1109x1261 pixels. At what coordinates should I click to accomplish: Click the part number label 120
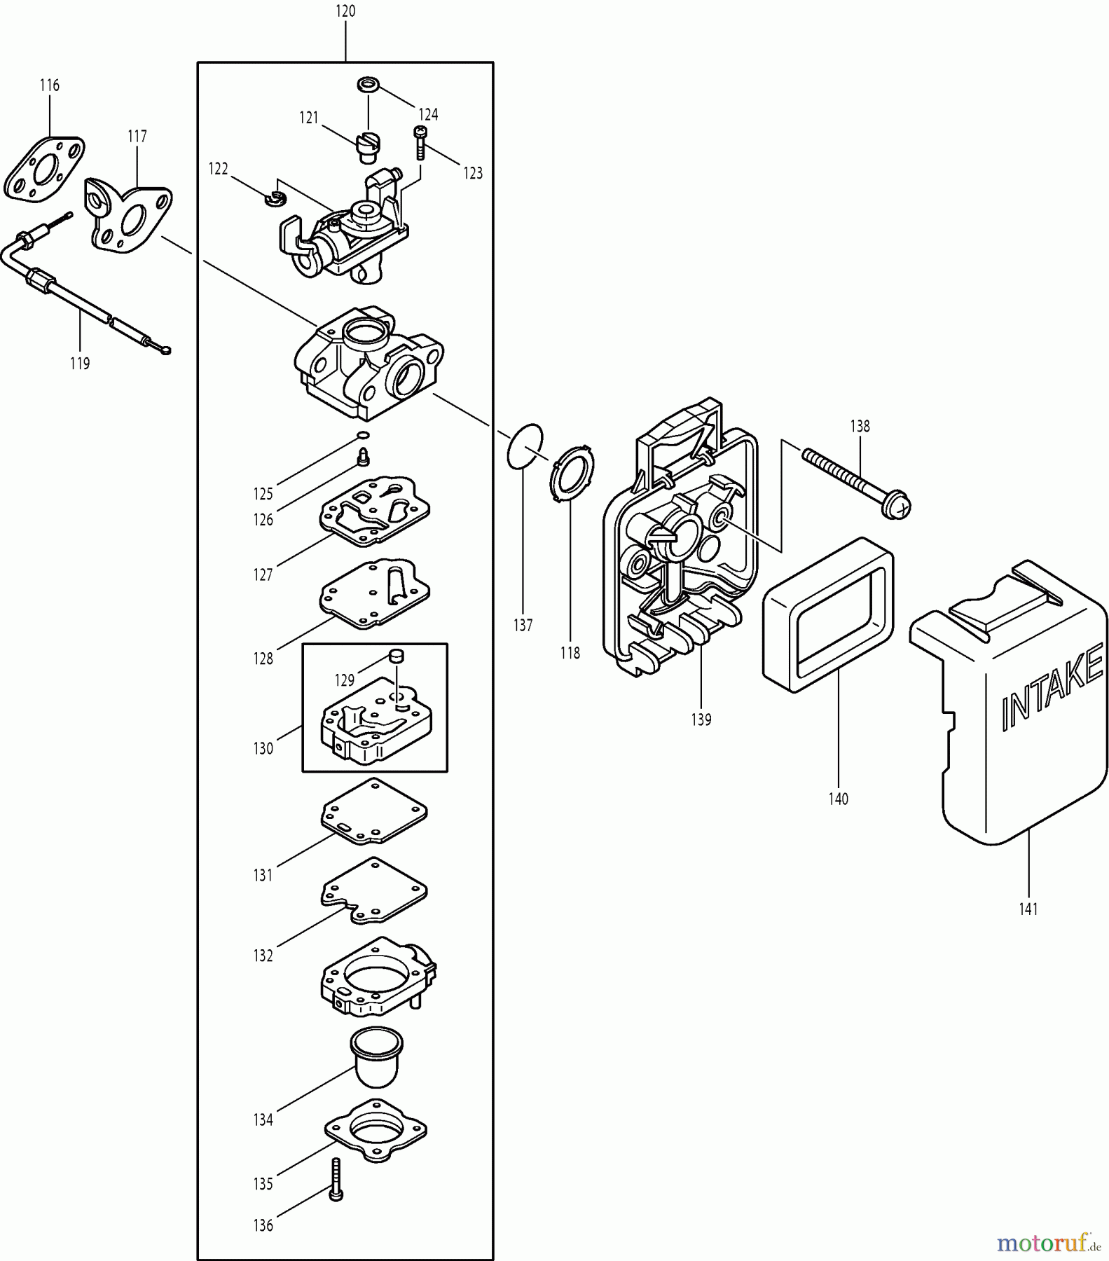coord(345,11)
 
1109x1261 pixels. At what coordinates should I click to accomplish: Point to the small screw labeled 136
coord(336,1180)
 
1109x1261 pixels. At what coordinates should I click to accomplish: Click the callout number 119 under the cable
coord(80,364)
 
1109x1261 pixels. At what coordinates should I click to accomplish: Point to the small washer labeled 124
coord(368,86)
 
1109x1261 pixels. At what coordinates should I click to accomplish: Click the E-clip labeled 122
coord(273,198)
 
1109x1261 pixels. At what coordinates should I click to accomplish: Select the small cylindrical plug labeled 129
coord(397,656)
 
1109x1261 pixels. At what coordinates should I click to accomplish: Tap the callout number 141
coord(1028,909)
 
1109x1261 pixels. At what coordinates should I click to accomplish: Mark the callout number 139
coord(701,719)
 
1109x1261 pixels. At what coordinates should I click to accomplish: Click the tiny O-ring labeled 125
coord(363,435)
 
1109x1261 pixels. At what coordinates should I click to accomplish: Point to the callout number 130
coord(263,748)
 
